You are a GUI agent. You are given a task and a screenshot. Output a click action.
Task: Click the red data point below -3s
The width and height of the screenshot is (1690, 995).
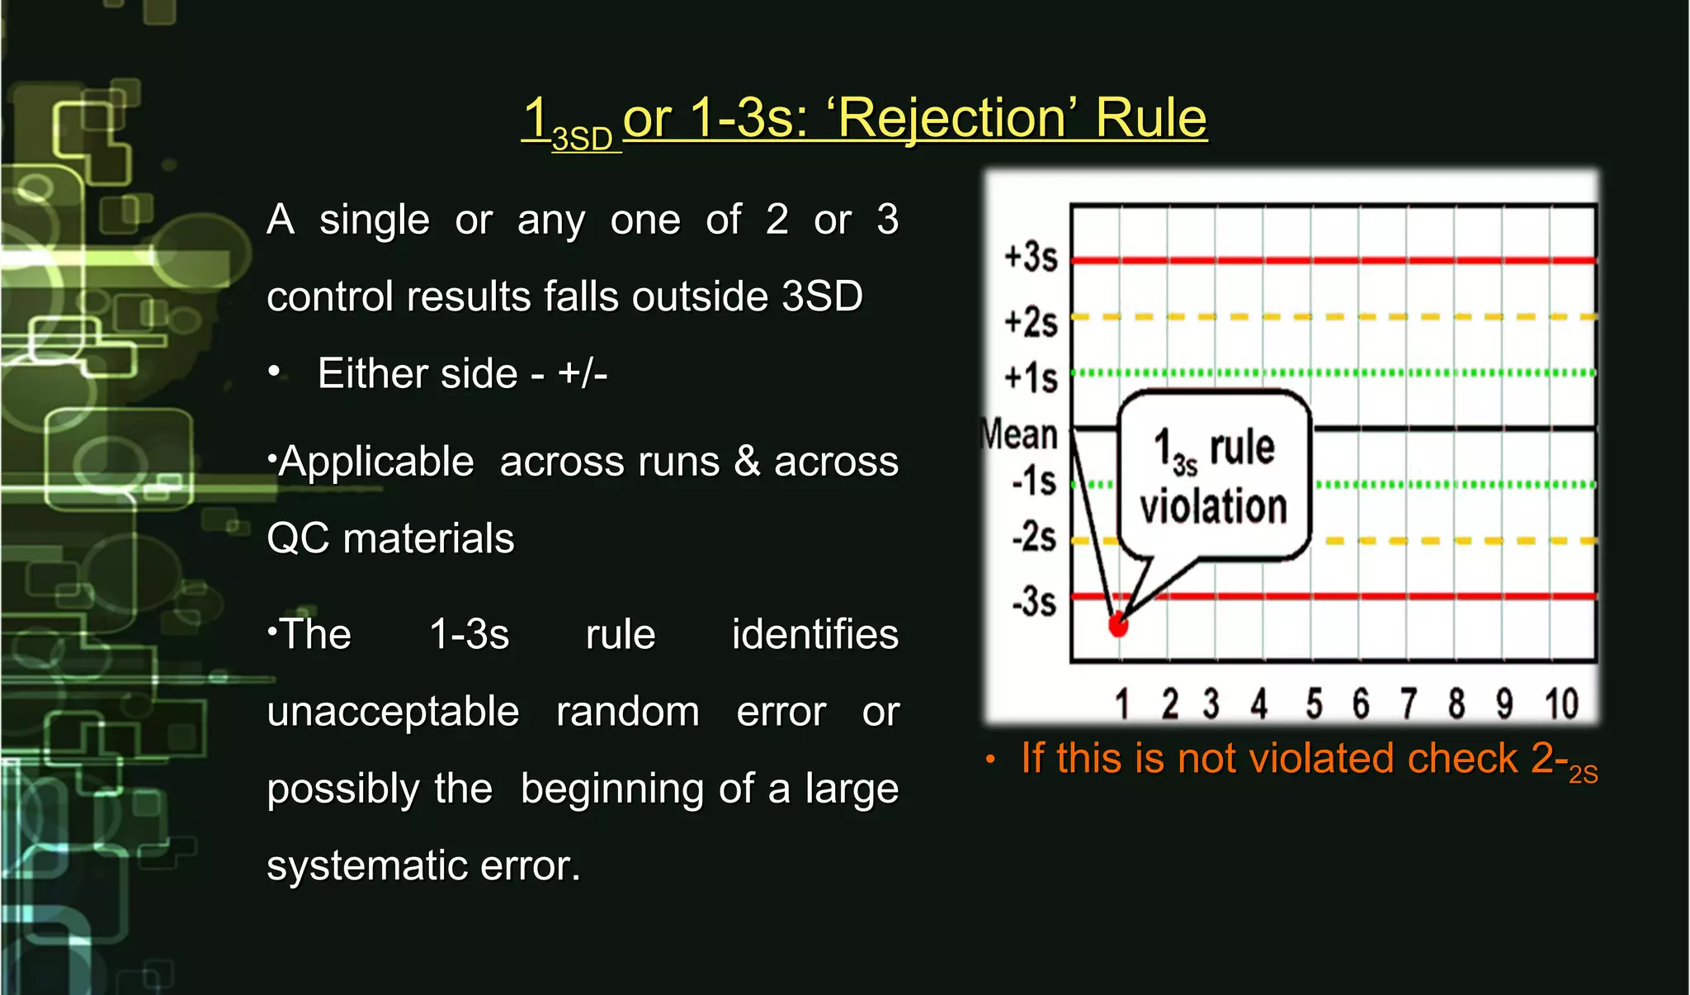[1118, 625]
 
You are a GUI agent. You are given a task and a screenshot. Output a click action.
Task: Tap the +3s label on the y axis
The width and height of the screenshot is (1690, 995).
[1031, 257]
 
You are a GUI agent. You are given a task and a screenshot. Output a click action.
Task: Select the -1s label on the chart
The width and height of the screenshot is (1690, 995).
[1034, 481]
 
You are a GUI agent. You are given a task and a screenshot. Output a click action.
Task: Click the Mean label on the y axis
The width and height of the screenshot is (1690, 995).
[1019, 434]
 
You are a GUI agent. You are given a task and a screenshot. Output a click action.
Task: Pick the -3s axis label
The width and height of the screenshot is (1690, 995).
[1034, 601]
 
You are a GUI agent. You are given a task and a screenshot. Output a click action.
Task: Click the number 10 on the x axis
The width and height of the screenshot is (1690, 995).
[1561, 704]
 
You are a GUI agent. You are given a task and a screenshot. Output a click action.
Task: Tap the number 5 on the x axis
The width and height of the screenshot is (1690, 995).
[1314, 704]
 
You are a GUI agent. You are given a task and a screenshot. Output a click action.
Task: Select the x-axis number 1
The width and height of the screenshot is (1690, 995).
[1121, 704]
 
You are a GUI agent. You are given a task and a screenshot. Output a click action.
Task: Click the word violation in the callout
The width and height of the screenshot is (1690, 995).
[1213, 506]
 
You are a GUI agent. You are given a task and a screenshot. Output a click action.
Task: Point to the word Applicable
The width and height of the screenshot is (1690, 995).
[376, 462]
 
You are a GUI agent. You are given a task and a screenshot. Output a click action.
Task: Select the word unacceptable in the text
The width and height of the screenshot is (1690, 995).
[393, 712]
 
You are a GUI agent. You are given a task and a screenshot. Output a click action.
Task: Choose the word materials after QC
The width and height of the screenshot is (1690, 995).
[428, 538]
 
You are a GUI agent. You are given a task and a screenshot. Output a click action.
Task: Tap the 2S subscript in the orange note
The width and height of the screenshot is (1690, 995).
[1583, 775]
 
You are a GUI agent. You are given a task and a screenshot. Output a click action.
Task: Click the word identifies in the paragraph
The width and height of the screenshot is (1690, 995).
[814, 635]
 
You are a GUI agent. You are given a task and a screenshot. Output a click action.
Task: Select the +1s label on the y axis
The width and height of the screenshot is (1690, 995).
[1031, 378]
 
